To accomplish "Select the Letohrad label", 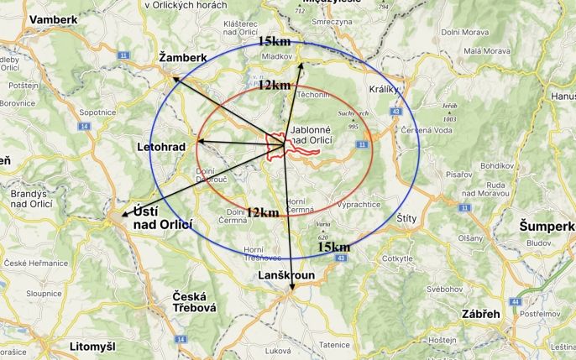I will (x=160, y=147).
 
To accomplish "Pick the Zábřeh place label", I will (x=481, y=313).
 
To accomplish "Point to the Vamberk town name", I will (x=52, y=18).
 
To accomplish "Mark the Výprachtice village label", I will (x=358, y=204).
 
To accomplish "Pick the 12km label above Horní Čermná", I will (x=262, y=212).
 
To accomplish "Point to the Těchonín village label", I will (x=312, y=96).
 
